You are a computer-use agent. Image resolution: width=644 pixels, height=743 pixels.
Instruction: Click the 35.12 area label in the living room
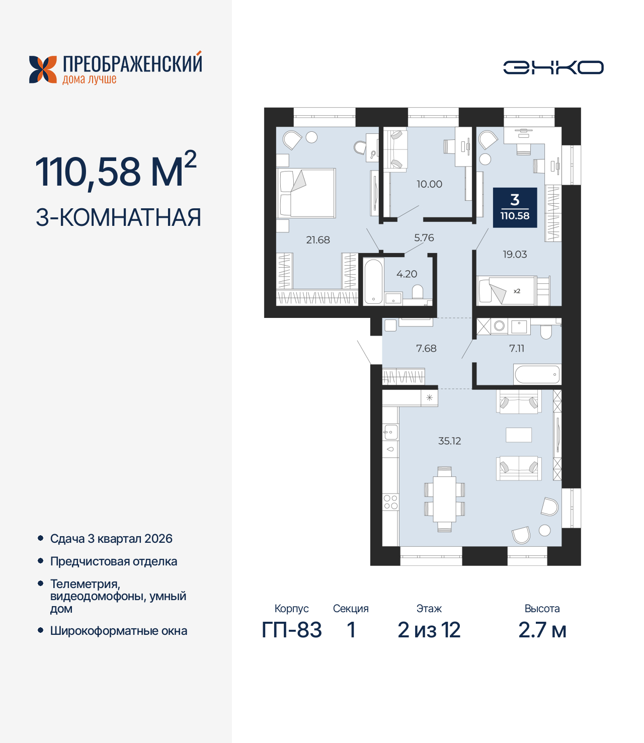[449, 441]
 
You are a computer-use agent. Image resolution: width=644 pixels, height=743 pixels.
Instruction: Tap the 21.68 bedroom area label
[318, 240]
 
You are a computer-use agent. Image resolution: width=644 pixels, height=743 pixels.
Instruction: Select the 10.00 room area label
[429, 184]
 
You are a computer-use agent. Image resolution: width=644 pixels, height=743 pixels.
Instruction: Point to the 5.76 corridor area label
[424, 237]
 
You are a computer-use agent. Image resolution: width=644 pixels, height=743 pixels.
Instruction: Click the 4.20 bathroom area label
[407, 274]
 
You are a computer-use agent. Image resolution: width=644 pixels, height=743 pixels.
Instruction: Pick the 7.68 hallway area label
[426, 348]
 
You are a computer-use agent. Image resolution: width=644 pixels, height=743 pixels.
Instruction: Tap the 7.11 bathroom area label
[517, 348]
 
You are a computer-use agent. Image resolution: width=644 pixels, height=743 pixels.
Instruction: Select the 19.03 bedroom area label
[515, 255]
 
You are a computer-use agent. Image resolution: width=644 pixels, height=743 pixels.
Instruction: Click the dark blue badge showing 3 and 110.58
[515, 208]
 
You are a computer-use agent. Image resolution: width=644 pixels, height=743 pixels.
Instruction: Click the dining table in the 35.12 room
[444, 499]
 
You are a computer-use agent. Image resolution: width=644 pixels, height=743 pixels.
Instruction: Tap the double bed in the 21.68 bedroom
[306, 193]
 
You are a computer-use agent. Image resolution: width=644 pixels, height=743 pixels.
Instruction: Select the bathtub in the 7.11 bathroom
[537, 375]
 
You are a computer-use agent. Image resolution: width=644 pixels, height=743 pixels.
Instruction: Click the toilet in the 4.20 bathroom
[418, 292]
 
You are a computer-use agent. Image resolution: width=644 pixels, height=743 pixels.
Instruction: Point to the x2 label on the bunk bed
[517, 291]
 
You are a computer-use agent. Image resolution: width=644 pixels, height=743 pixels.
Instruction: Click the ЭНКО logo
[553, 67]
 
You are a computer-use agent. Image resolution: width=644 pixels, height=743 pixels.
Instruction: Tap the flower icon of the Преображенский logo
[43, 69]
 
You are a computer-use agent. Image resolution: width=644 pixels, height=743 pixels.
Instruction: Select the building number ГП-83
[291, 630]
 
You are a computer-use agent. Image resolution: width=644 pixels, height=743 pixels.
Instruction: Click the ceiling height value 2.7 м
[542, 630]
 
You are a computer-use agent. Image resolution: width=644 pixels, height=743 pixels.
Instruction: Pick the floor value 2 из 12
[429, 630]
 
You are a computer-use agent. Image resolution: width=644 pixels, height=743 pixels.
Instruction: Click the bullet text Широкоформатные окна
[119, 631]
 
